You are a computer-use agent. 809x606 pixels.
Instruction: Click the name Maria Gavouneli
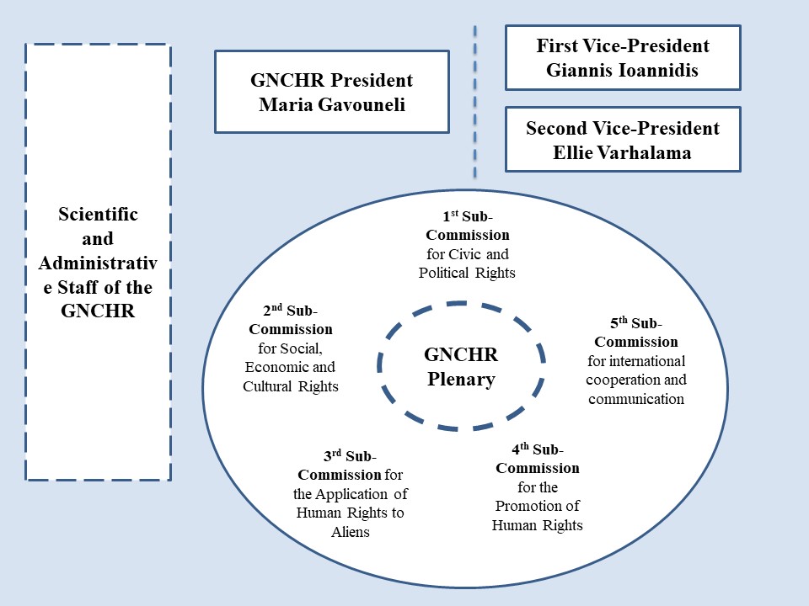(x=332, y=104)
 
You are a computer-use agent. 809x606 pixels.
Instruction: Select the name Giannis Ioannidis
(x=622, y=70)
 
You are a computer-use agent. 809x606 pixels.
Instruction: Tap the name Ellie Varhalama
(x=622, y=152)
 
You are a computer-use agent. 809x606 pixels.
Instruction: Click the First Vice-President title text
(x=623, y=45)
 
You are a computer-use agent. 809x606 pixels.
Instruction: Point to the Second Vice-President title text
(x=623, y=128)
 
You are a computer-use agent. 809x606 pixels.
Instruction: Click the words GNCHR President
(x=332, y=81)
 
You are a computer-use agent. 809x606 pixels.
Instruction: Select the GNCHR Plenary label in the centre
(x=461, y=366)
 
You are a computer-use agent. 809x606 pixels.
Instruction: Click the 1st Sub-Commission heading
(x=468, y=226)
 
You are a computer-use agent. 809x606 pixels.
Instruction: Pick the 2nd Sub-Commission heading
(x=291, y=320)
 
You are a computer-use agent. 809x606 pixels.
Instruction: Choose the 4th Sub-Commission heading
(x=538, y=459)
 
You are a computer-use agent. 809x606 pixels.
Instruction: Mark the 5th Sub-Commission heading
(x=636, y=332)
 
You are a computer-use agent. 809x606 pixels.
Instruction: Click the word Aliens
(x=351, y=532)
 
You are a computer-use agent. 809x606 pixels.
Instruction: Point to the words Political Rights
(x=467, y=273)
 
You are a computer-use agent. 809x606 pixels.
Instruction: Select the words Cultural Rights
(x=291, y=386)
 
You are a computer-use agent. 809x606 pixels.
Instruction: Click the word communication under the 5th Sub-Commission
(x=636, y=399)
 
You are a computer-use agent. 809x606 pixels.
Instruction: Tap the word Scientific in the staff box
(x=98, y=214)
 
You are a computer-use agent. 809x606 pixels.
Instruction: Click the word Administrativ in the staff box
(x=98, y=263)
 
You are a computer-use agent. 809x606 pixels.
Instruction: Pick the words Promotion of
(x=537, y=506)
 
